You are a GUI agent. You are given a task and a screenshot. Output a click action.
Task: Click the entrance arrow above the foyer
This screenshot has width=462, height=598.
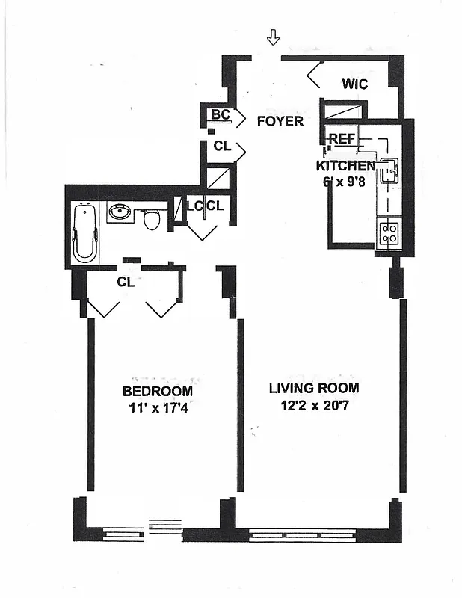pyautogui.click(x=274, y=37)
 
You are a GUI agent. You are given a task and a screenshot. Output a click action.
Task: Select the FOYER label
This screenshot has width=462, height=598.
pyautogui.click(x=280, y=121)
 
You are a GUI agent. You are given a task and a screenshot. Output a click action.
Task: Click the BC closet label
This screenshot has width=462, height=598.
pyautogui.click(x=220, y=114)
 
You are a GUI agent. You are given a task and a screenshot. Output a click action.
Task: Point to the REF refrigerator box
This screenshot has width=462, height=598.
pyautogui.click(x=342, y=139)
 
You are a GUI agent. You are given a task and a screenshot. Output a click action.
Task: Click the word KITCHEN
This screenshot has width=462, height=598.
pyautogui.click(x=345, y=166)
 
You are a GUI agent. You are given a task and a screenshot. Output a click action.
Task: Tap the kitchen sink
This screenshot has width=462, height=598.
pyautogui.click(x=388, y=173)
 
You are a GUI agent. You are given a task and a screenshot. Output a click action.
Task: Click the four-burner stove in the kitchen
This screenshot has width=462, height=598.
pyautogui.click(x=389, y=233)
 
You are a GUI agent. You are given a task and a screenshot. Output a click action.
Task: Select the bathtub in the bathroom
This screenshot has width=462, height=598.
pyautogui.click(x=84, y=232)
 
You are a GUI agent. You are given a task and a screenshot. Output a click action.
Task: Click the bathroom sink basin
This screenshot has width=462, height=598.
pyautogui.click(x=120, y=212)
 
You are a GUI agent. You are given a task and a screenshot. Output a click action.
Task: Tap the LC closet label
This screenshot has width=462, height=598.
pyautogui.click(x=194, y=205)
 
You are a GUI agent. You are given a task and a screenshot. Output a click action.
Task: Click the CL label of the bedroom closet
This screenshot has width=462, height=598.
pyautogui.click(x=125, y=282)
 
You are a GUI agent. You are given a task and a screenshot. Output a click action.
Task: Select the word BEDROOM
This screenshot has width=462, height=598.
pyautogui.click(x=157, y=391)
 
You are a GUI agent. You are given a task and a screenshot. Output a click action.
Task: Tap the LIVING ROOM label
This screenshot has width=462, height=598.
pyautogui.click(x=314, y=388)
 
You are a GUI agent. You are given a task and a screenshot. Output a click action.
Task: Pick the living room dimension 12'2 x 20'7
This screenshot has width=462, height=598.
pyautogui.click(x=314, y=406)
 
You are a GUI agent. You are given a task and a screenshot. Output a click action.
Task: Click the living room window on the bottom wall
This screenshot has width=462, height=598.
pyautogui.click(x=312, y=534)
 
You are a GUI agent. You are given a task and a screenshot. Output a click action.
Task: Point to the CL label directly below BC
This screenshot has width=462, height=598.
pyautogui.click(x=222, y=147)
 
